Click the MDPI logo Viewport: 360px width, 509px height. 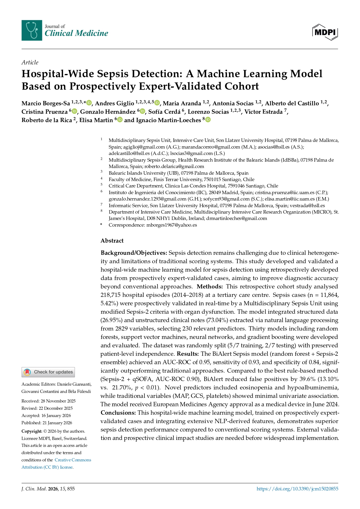(325, 32)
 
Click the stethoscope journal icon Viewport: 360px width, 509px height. (32, 30)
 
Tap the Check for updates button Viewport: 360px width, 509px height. (48, 372)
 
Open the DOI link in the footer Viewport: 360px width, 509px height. (297, 489)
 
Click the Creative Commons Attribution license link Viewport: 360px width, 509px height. (56, 463)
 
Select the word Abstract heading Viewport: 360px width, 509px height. (112, 241)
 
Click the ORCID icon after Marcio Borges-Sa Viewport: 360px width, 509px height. (89, 103)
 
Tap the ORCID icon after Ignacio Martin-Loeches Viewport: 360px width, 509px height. (208, 120)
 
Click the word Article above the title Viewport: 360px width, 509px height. (30, 62)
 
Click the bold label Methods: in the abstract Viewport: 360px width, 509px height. (210, 286)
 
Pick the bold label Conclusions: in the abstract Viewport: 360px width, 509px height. (118, 413)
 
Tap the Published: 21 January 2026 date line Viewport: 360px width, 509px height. (47, 423)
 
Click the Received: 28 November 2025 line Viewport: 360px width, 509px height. (48, 401)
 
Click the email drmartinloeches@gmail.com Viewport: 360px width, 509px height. (237, 218)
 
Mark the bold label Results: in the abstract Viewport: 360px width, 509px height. (188, 354)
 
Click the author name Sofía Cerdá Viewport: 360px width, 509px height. (164, 112)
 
